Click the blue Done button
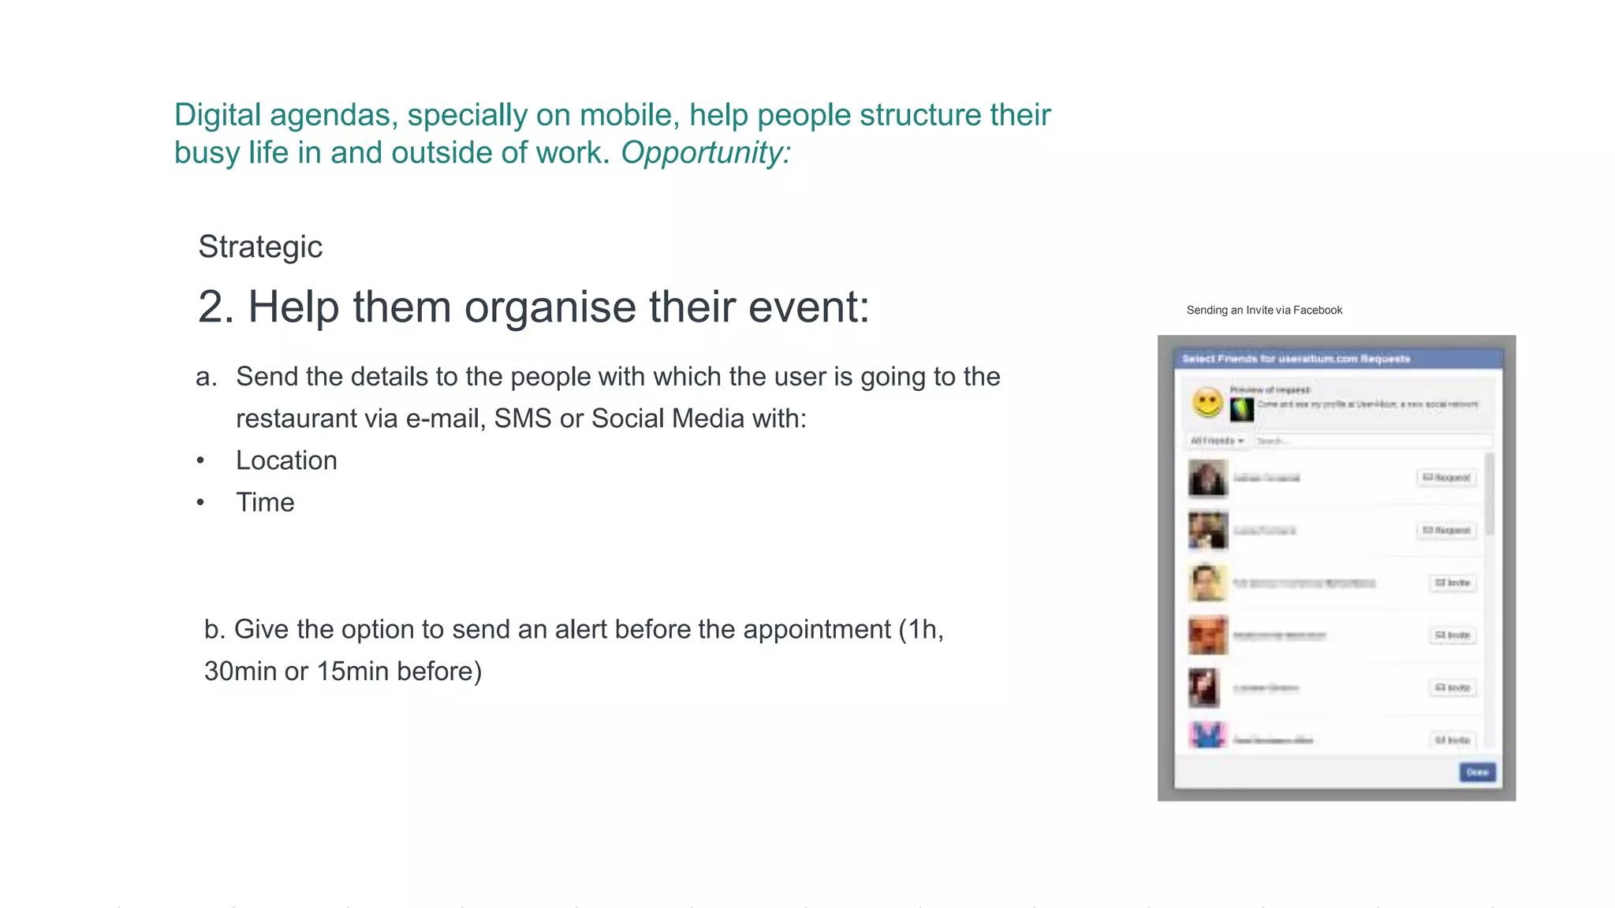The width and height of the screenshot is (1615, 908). click(x=1476, y=772)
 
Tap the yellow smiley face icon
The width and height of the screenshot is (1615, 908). click(x=1207, y=403)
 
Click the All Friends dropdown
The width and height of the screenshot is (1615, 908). click(x=1217, y=441)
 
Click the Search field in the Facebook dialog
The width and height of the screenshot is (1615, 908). click(x=1372, y=441)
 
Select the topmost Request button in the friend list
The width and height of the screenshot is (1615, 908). click(x=1446, y=478)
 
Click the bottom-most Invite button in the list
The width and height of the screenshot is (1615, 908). click(x=1453, y=740)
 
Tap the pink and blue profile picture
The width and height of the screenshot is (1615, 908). click(x=1207, y=735)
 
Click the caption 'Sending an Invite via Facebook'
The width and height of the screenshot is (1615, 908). click(x=1264, y=311)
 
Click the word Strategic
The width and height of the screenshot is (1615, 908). click(x=260, y=247)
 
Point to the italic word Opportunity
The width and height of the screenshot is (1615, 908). click(x=705, y=153)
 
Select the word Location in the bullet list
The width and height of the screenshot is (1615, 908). click(x=286, y=460)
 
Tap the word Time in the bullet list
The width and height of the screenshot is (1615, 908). click(x=265, y=502)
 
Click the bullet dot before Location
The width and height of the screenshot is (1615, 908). click(x=201, y=461)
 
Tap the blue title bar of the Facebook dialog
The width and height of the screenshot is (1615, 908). click(x=1337, y=359)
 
